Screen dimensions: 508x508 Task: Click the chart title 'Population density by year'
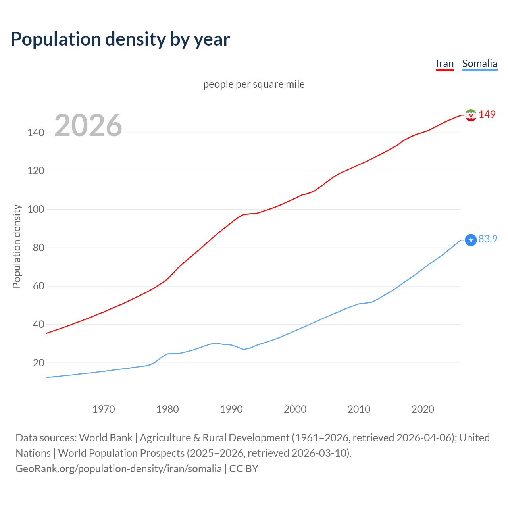(120, 39)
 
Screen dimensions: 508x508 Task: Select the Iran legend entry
(444, 63)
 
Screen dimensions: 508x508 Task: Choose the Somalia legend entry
(479, 63)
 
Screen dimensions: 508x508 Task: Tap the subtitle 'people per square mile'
(254, 85)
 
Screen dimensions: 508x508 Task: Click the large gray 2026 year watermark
(88, 125)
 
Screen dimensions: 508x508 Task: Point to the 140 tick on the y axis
(36, 133)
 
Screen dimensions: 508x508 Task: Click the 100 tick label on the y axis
(36, 209)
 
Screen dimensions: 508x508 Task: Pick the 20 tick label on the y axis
(38, 363)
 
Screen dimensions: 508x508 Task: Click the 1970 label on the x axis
(104, 409)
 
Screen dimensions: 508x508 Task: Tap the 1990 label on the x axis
(231, 409)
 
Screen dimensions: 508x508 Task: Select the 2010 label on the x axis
(359, 409)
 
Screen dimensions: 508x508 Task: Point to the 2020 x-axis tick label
(423, 409)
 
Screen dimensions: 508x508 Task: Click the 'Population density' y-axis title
(17, 246)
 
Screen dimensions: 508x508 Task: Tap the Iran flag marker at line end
(470, 115)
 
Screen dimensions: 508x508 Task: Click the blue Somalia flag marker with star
(470, 240)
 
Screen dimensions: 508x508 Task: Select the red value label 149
(487, 114)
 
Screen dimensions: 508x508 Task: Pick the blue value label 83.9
(488, 239)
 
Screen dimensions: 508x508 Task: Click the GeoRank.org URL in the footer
(118, 469)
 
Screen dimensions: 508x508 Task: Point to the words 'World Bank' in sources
(106, 438)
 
